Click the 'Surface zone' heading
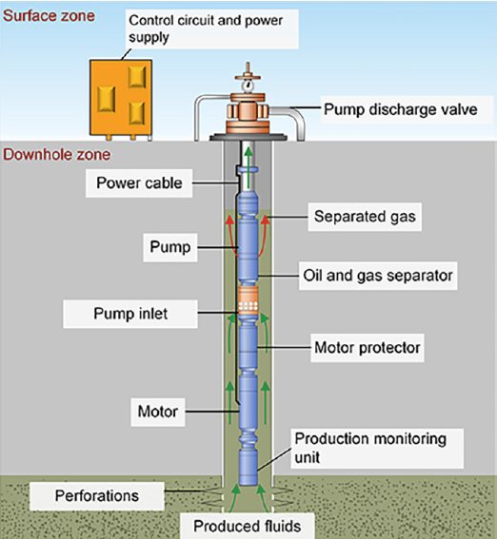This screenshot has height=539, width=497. pos(49,16)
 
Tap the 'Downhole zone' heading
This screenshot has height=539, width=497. pos(57,155)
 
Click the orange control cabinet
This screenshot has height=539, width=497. pos(121,98)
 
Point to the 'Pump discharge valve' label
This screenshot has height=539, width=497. pos(401,109)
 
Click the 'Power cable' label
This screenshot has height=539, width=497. pos(139,183)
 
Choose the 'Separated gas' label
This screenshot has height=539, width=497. pos(365,217)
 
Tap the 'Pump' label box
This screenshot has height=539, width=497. pos(170,247)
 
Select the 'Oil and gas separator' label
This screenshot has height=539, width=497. pos(378,276)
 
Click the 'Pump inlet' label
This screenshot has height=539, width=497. pos(130,314)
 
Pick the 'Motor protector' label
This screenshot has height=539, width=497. pos(368,348)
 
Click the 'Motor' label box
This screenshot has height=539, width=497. pos(158,412)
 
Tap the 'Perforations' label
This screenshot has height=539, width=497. pos(97,496)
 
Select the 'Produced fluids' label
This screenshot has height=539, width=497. pos(248,527)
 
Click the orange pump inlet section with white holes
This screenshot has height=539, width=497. pos(248,299)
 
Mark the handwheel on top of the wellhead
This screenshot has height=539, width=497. pos(248,77)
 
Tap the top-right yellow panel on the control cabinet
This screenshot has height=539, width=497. pos(137,77)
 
